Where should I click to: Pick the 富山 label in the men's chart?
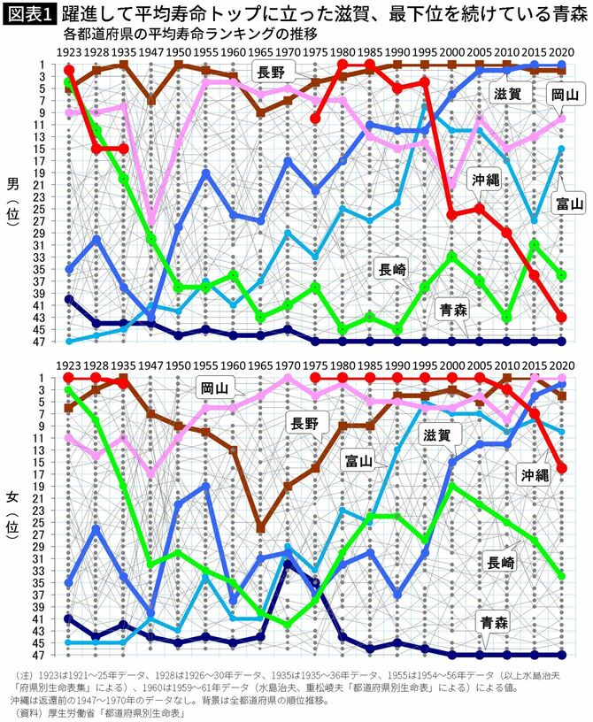point(568,205)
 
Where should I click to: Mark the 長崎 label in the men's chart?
point(397,269)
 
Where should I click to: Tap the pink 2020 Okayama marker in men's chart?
point(561,119)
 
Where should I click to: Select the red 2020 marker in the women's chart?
point(561,468)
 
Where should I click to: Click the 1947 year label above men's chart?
point(150,51)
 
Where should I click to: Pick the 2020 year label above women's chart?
point(561,364)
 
